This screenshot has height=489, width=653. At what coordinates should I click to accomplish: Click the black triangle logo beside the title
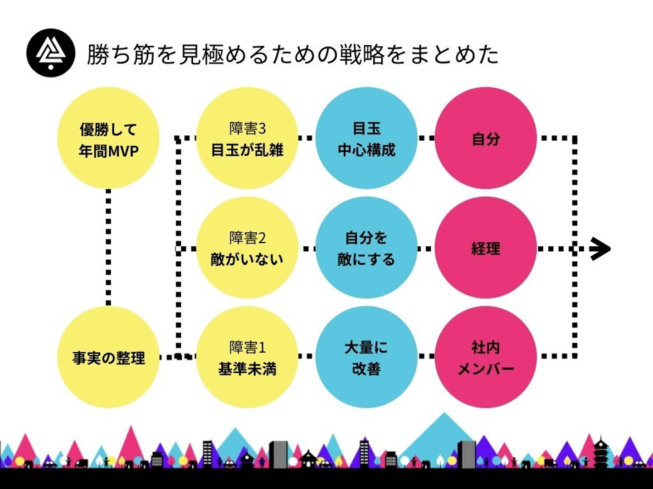coord(51,53)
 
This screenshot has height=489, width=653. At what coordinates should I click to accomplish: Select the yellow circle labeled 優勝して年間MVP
coord(108,138)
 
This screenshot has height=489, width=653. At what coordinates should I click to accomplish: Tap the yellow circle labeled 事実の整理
coord(108,357)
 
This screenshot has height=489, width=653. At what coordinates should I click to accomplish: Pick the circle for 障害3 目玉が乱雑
coord(247,138)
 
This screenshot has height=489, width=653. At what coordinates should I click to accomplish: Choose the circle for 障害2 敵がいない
coord(247,248)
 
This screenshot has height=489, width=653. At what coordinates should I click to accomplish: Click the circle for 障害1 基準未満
coord(247,357)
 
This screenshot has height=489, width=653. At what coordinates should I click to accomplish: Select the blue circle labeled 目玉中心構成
coord(366,138)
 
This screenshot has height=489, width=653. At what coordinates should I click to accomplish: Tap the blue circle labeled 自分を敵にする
coord(366,248)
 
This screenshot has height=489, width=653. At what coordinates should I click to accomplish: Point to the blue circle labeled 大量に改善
coord(366,357)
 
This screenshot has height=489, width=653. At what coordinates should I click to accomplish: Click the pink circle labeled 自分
coord(486,138)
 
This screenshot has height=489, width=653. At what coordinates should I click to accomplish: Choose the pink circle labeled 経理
coord(486,248)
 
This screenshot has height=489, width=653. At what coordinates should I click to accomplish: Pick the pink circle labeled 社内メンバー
coord(486,357)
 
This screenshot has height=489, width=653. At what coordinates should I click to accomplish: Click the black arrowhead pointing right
coord(601,249)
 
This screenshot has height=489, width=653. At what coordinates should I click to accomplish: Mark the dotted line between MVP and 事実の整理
coord(108,248)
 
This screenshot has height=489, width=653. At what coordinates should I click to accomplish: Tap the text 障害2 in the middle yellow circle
coord(248,238)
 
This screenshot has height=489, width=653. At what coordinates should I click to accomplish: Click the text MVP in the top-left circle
coord(123,151)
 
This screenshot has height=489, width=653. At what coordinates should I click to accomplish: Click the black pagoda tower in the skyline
coord(601,451)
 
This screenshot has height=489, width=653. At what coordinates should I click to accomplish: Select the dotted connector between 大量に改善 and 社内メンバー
coord(426,356)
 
